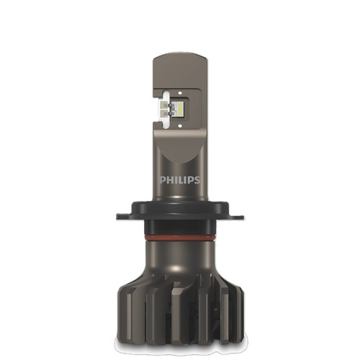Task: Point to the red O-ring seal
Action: tap(180, 235)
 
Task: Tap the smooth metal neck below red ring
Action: tap(180, 256)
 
